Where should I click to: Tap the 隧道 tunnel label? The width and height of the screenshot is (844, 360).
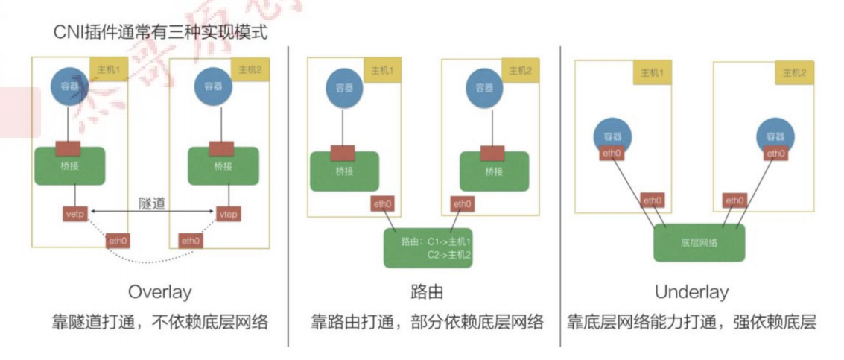coord(151,203)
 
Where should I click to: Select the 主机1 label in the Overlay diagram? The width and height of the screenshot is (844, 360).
coord(110,70)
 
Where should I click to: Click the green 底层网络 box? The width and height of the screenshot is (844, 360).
coord(699,242)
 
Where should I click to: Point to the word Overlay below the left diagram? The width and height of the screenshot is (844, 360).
coord(159,291)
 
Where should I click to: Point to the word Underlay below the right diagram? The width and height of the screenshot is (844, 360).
coord(691,291)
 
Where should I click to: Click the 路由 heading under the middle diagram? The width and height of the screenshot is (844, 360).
coord(427,291)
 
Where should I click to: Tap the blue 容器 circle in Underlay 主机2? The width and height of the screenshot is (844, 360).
coord(775,136)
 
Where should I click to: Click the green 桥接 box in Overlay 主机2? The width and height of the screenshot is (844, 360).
coord(223,166)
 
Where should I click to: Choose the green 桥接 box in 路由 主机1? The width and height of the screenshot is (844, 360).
coord(343,171)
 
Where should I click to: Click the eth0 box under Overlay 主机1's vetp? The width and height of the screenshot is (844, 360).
coord(118,241)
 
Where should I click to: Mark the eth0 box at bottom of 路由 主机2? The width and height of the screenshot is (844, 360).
coord(462,203)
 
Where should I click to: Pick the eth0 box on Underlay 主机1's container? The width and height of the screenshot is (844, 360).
coord(612,154)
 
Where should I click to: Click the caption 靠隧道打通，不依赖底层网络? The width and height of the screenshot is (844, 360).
coord(159,322)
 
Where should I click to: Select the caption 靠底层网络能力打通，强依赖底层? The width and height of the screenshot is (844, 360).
coord(691,322)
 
